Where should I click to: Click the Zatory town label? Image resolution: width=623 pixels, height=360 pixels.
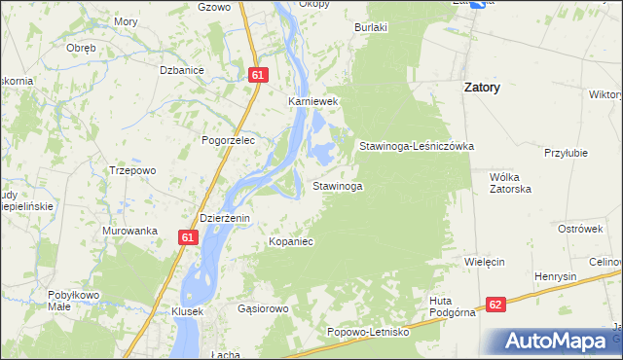point(481,88)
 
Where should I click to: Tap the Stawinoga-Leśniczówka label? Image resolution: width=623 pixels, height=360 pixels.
point(416,146)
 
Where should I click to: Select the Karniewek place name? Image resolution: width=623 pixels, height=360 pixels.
point(311,101)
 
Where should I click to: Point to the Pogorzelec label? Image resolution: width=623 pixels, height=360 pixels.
point(228,140)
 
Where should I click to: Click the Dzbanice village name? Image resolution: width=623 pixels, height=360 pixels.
point(181,70)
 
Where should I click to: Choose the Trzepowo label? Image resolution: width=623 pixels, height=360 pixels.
point(132,170)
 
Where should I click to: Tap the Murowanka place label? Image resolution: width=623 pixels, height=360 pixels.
point(129,231)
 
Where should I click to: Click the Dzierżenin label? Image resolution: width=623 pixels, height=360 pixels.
point(225,218)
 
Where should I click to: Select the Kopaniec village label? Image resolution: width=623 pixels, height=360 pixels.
point(291,240)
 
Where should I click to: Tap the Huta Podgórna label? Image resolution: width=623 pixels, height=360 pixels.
point(452,306)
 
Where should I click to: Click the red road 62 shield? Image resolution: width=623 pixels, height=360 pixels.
point(496,305)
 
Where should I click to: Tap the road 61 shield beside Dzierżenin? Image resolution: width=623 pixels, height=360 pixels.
point(189,236)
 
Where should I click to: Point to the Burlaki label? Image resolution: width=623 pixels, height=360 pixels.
point(371,28)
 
